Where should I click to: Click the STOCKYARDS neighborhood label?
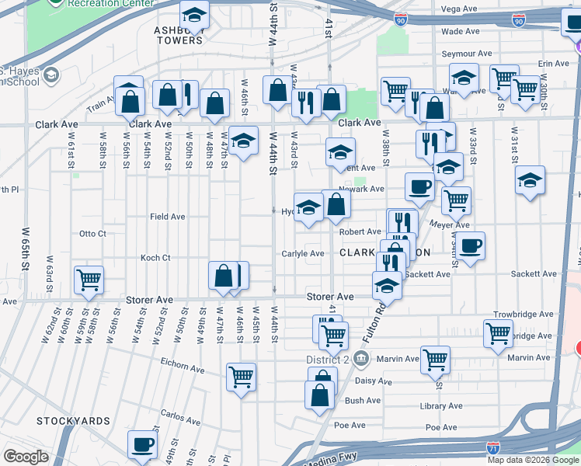pos(73,421)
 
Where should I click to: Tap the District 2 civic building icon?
pos(360,359)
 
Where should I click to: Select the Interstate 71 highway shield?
pos(493,448)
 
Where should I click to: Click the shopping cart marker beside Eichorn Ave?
pos(242,377)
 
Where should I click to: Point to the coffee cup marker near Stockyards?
pos(142,444)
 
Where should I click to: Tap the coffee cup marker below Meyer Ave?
pos(470,246)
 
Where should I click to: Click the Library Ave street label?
pos(442,406)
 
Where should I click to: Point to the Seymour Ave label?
pos(467,54)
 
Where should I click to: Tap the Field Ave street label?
pos(167,217)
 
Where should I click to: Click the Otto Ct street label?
pos(92,233)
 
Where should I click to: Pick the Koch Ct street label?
pos(155,258)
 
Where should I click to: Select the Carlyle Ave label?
pos(303,253)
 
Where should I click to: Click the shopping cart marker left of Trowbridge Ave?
pos(498,332)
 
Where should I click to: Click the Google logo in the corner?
pos(26,457)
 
